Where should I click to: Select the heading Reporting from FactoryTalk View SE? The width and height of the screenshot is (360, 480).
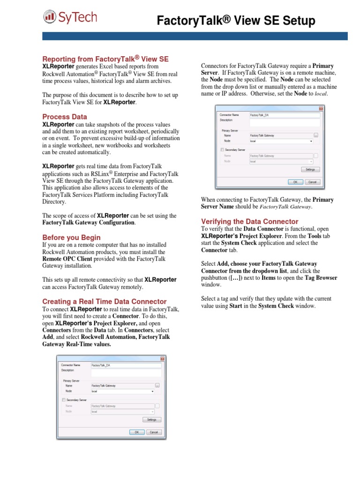coord(105,59)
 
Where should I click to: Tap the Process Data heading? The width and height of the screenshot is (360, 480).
coord(65,117)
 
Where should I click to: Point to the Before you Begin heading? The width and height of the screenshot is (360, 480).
coord(71,237)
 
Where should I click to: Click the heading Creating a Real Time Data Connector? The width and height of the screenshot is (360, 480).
coord(105,301)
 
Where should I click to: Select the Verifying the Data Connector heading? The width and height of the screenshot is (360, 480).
coord(249,221)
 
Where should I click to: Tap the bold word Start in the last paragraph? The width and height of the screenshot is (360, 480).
coord(235,306)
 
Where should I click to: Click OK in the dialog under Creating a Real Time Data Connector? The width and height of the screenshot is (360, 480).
coord(136,432)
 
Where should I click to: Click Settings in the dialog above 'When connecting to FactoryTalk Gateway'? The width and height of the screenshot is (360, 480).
coord(310,170)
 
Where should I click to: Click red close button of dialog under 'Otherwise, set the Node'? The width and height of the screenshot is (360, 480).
coord(321,108)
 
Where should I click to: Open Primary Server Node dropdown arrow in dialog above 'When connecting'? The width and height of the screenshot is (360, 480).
coord(311,141)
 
